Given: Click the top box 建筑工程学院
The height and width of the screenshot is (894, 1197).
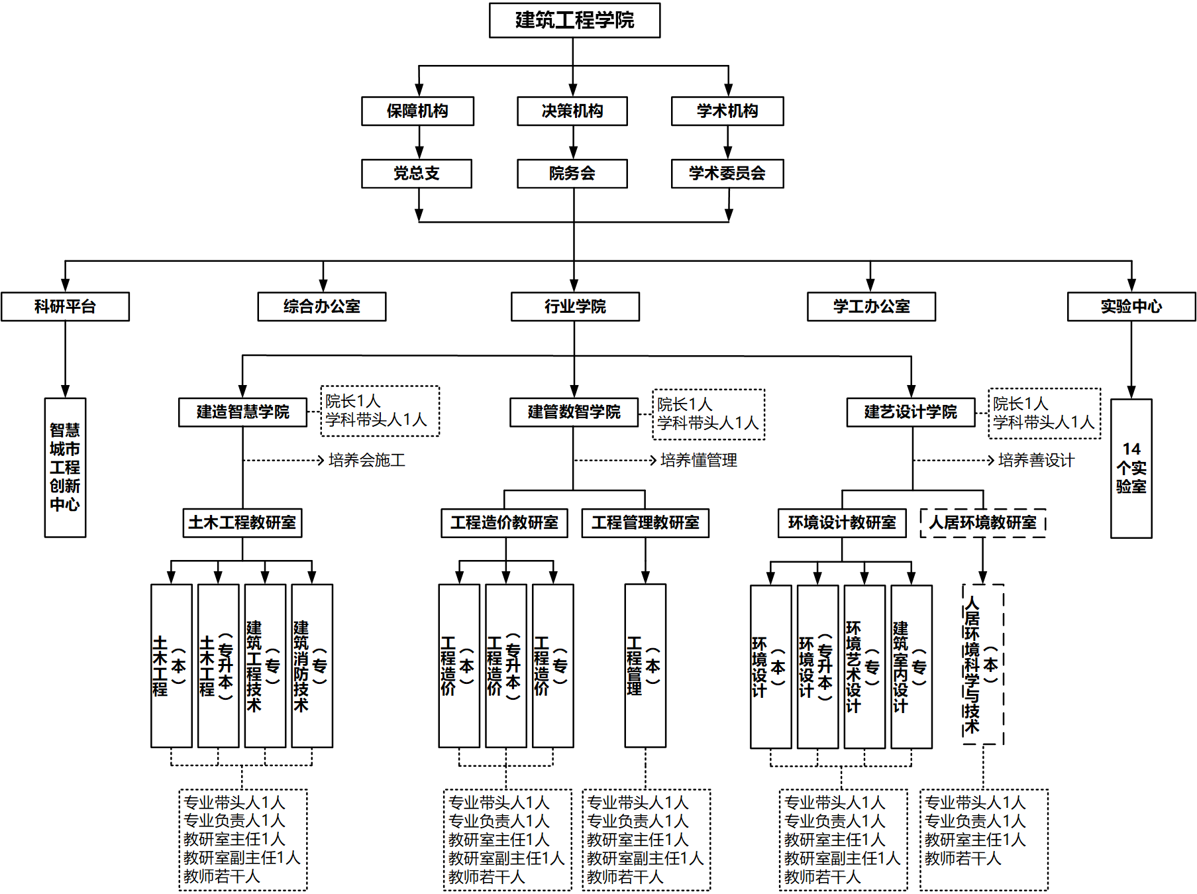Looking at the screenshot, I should (574, 21).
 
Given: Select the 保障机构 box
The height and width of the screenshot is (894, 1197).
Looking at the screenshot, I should (417, 111).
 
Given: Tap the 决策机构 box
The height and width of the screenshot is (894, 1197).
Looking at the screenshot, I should (572, 111).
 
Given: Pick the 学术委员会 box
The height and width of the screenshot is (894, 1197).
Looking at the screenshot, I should (727, 174).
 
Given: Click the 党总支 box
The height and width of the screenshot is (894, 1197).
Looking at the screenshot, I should (417, 174).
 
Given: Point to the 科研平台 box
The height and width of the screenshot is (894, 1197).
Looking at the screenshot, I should (65, 307).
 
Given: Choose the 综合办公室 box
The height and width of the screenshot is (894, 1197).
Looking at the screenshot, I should (322, 307).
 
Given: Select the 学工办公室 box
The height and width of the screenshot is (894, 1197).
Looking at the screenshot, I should (871, 307).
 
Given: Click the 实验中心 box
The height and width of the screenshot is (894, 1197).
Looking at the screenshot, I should (1131, 307).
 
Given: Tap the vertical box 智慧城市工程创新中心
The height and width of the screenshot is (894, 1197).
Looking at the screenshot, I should (65, 467).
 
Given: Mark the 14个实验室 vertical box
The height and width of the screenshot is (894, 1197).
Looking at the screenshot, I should (1131, 468).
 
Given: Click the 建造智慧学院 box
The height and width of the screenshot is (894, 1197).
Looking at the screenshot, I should (242, 412).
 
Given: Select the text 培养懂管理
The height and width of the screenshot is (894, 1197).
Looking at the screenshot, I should (698, 461).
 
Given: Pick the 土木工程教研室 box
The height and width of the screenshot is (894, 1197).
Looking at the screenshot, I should (242, 523).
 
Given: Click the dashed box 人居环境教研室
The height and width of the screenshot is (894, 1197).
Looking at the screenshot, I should (983, 523).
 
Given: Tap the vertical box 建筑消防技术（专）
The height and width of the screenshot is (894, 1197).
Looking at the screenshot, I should (312, 666).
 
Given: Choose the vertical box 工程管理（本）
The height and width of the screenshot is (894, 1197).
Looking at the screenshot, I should (645, 666).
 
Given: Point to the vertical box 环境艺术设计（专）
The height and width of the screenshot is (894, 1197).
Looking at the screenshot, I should (864, 667).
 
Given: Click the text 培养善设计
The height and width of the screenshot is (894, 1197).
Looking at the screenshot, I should (1036, 461).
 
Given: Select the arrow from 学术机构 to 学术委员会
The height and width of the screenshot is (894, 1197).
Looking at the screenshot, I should (728, 142).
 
